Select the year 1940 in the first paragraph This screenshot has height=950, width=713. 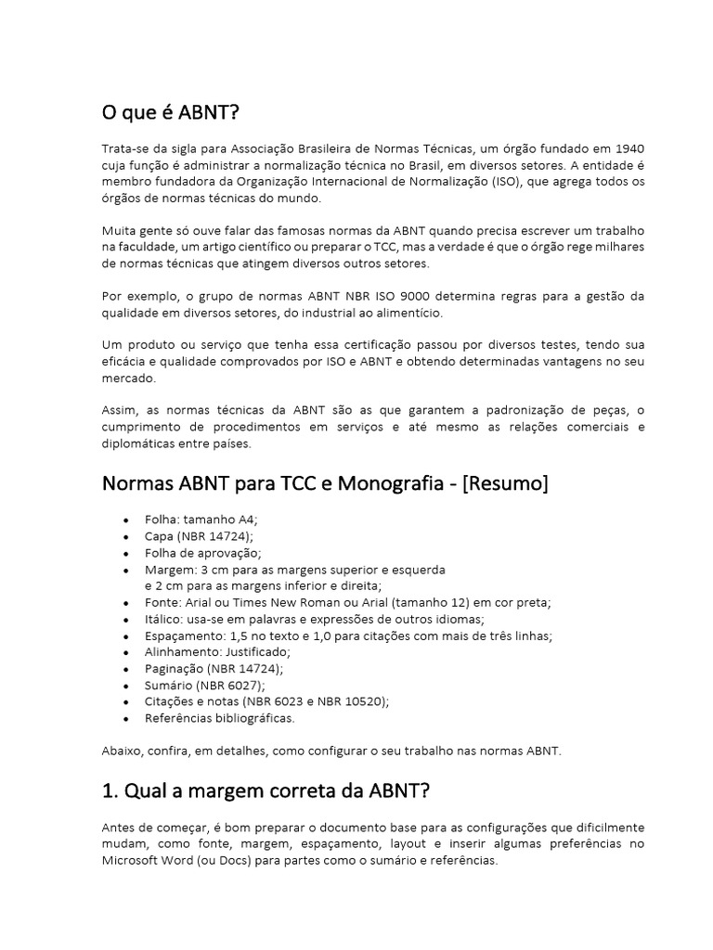pyautogui.click(x=628, y=149)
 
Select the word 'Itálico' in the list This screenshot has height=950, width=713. pyautogui.click(x=164, y=619)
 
